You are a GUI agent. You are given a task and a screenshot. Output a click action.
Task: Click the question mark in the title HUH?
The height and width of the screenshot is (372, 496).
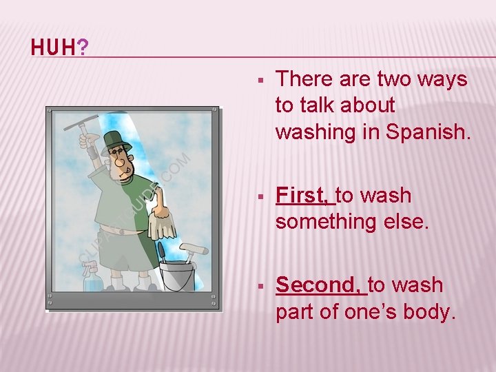[83, 48]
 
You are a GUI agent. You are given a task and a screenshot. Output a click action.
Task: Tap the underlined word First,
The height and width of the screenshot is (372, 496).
[304, 196]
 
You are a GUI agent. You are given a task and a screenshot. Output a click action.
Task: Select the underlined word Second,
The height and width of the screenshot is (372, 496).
[320, 285]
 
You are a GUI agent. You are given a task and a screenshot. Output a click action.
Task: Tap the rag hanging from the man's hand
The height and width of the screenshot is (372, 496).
[164, 219]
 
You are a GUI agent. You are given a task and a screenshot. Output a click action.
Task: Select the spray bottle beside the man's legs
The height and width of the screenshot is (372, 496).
[91, 278]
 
